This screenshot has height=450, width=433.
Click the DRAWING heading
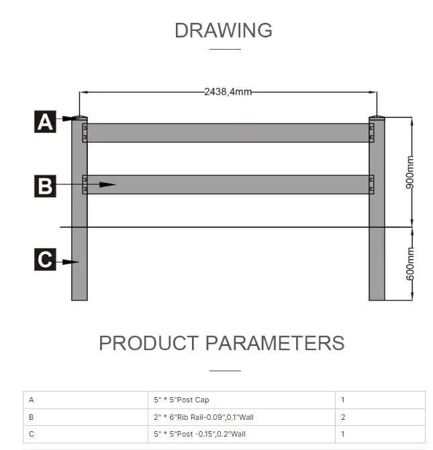tap(224, 30)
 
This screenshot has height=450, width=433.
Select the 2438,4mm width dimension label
tap(228, 91)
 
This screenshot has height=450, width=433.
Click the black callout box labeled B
tap(45, 184)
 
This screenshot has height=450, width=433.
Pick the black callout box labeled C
tap(45, 259)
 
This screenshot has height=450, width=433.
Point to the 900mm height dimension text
tap(410, 172)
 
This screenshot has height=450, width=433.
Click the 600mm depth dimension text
tap(410, 264)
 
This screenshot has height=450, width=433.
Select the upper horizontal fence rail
tap(228, 132)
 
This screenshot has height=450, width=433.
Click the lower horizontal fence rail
tap(228, 184)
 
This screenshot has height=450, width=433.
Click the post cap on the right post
tap(377, 118)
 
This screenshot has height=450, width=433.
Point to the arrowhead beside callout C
tap(73, 262)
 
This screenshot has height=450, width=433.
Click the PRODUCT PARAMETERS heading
tap(222, 343)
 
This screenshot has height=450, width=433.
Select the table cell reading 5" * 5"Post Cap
tap(182, 400)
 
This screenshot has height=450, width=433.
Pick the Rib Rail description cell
tap(204, 417)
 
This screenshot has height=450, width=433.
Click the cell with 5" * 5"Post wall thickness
tap(200, 434)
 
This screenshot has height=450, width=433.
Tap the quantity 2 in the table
tap(343, 417)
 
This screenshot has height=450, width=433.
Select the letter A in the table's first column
tap(32, 400)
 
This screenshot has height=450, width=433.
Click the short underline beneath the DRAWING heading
tap(224, 49)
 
